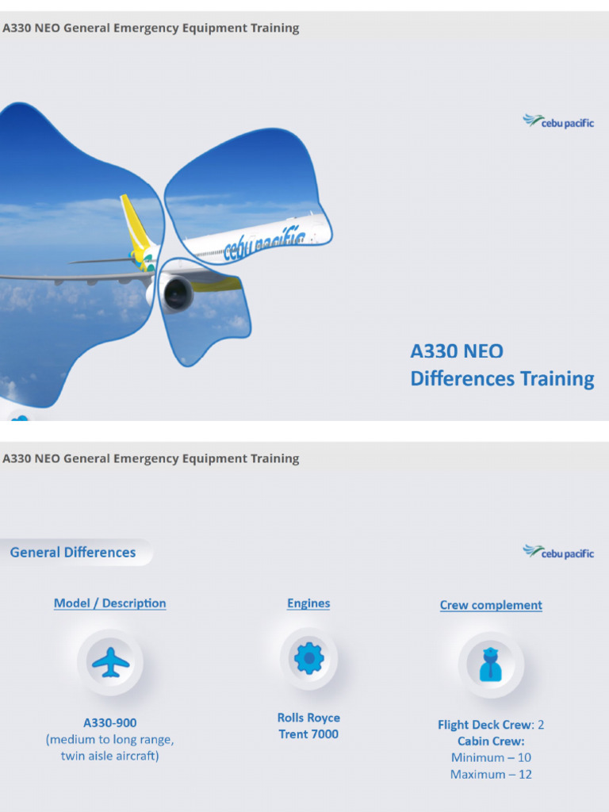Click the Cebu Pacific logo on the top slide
(x=558, y=121)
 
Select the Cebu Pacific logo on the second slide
(x=558, y=552)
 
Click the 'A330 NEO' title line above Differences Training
(x=457, y=351)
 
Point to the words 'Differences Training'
(x=502, y=379)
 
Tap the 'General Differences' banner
(x=73, y=553)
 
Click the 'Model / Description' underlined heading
(x=110, y=603)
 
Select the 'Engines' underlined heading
(x=308, y=603)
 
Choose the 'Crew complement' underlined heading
(x=491, y=605)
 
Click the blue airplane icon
(x=110, y=662)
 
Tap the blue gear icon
(x=308, y=659)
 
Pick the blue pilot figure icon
(x=491, y=665)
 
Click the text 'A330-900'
(x=110, y=723)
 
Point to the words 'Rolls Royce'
(x=308, y=718)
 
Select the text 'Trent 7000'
(x=308, y=734)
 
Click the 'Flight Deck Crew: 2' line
(x=491, y=725)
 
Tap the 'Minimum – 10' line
(x=491, y=758)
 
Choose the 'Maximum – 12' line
(x=491, y=775)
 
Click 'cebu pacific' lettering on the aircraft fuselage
(x=264, y=245)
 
